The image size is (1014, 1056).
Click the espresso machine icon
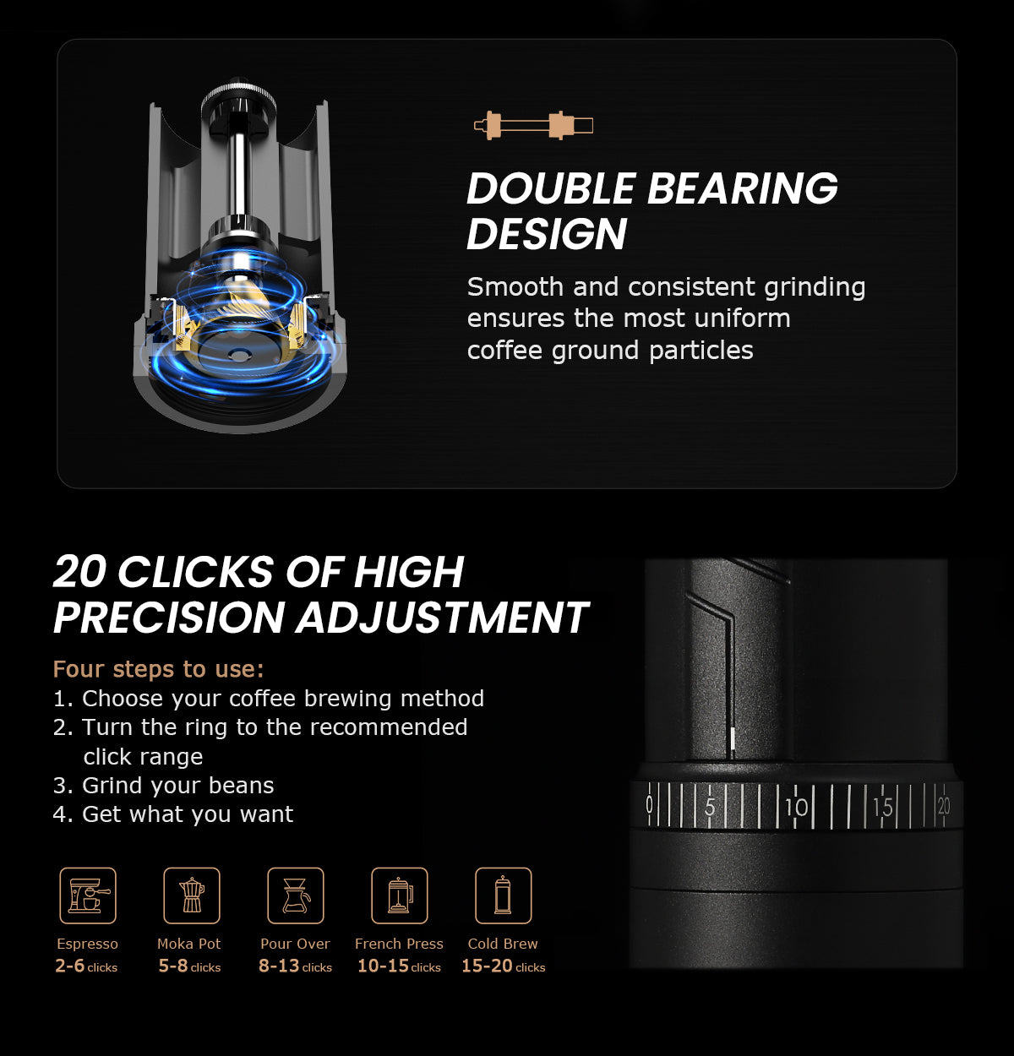click(88, 895)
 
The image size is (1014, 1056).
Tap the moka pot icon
click(192, 895)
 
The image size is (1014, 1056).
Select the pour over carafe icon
click(295, 895)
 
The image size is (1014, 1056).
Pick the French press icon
click(400, 895)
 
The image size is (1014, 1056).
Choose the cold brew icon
click(504, 895)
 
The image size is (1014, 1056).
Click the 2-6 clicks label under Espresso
click(86, 966)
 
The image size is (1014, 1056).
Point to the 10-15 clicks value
click(399, 966)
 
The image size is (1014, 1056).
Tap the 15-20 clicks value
click(504, 966)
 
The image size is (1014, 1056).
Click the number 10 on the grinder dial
click(797, 808)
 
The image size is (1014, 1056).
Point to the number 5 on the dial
click(710, 808)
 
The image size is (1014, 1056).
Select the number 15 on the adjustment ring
click(883, 808)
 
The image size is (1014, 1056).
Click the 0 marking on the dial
click(649, 805)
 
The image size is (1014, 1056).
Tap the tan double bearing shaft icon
click(533, 125)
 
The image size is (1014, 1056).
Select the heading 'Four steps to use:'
click(159, 669)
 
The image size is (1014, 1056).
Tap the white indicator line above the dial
click(733, 739)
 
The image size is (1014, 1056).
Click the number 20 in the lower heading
click(79, 571)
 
